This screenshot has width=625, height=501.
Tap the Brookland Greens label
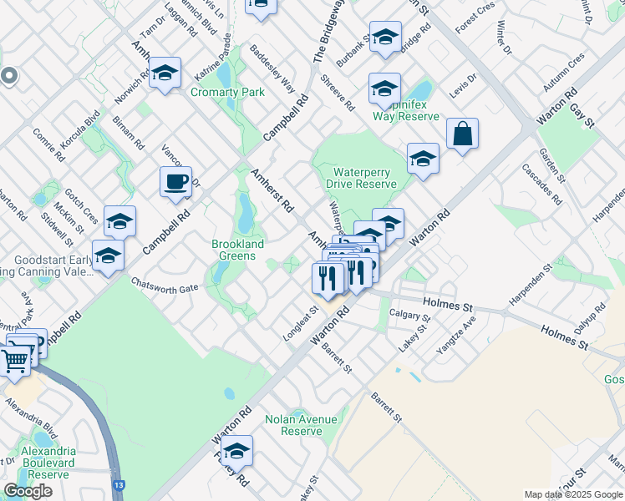pyautogui.click(x=237, y=250)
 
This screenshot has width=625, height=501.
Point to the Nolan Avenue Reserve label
pyautogui.click(x=301, y=425)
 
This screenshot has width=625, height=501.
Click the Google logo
pyautogui.click(x=28, y=491)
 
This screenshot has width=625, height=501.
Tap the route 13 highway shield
pyautogui.click(x=120, y=484)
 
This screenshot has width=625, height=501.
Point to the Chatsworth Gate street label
pyautogui.click(x=165, y=287)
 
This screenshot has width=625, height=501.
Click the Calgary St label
pyautogui.click(x=409, y=317)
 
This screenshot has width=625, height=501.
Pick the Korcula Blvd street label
pyautogui.click(x=81, y=129)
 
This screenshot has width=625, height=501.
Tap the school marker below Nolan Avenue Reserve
pyautogui.click(x=237, y=451)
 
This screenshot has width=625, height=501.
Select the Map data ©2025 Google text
pyautogui.click(x=573, y=494)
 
